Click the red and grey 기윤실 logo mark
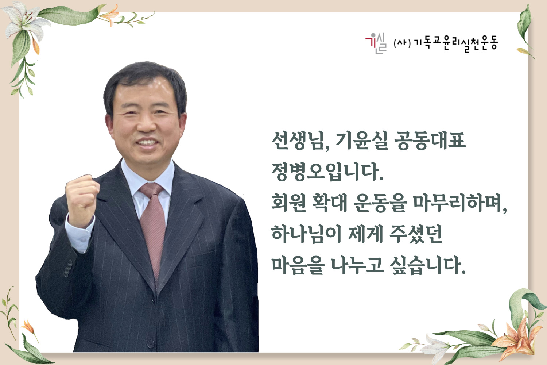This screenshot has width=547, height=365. [x=376, y=43]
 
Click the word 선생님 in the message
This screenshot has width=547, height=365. [x=300, y=141]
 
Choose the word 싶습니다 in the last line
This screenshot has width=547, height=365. [x=428, y=265]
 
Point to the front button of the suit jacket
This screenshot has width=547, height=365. [x=151, y=344]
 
